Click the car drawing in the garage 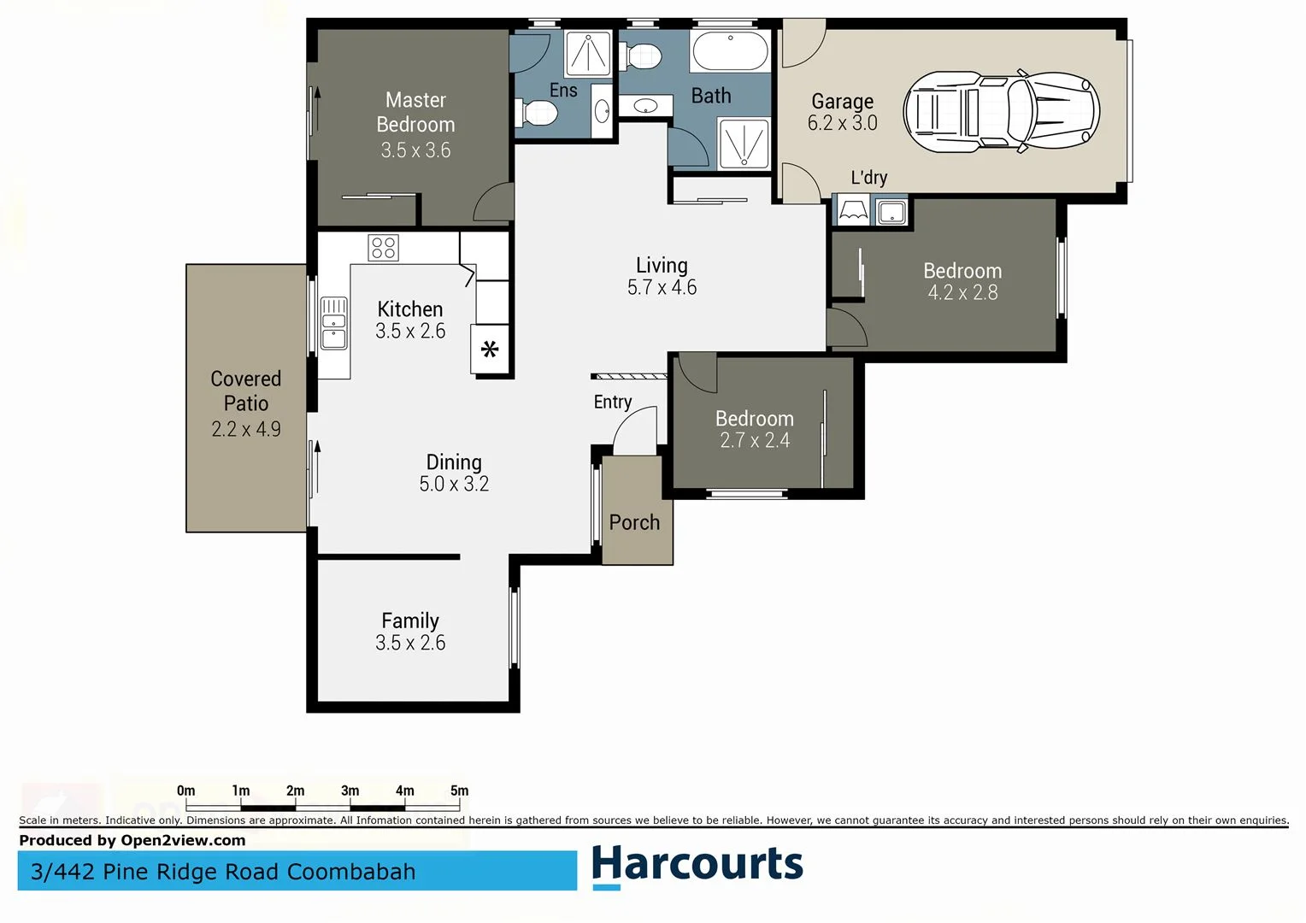coord(1001,112)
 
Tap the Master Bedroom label coord(415,112)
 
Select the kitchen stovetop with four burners coord(383,248)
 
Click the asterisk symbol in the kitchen coord(490,349)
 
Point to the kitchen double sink coord(333,323)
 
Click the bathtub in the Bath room coord(730,52)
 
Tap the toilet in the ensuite coord(536,112)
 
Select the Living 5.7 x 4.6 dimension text coord(662,288)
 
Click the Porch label coord(634,522)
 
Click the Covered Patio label coord(245,391)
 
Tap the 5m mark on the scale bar coord(460,791)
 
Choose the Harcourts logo coord(697,865)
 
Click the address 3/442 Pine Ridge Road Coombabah coord(223,872)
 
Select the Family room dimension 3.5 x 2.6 coord(410,643)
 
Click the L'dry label coord(868,178)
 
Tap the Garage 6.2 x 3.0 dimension coord(842,123)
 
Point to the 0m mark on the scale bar coord(185,791)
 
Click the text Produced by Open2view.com coord(132,840)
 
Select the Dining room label coord(454,462)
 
